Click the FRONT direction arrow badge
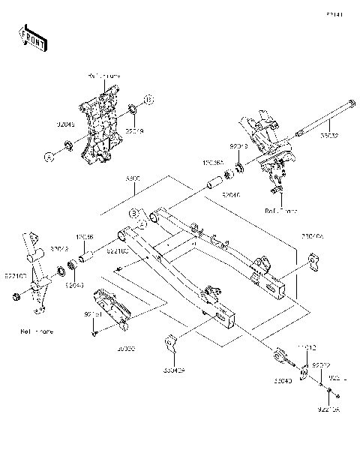click(x=31, y=35)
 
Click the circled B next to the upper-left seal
click(x=148, y=99)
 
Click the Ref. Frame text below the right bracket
click(x=282, y=212)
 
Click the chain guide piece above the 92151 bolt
click(x=112, y=305)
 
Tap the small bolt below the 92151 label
click(x=95, y=334)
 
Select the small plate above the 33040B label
click(x=170, y=344)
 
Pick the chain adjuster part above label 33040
click(x=283, y=355)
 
